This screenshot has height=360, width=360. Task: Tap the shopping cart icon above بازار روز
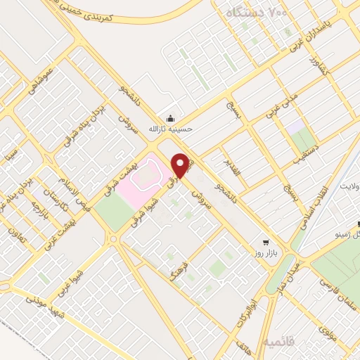(x=265, y=239)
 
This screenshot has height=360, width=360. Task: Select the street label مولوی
(x=327, y=330)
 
